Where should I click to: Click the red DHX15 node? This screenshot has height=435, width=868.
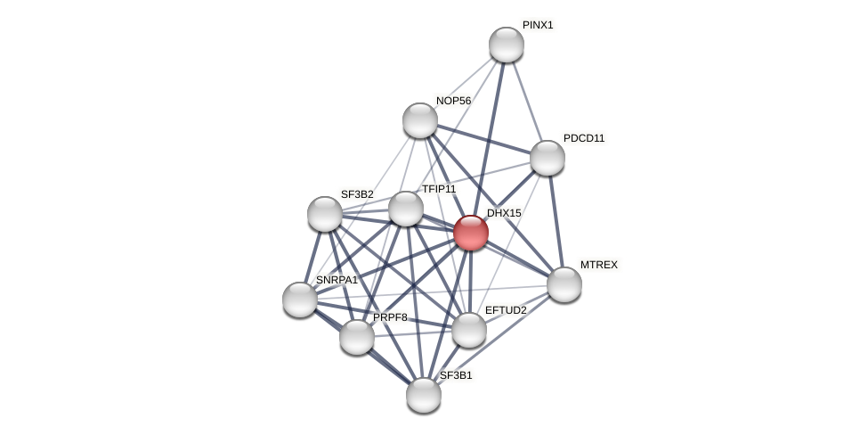point(471,233)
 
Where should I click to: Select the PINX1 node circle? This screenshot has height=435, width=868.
point(507,45)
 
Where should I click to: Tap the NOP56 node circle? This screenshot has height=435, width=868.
point(420,120)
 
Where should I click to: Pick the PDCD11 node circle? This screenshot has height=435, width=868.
point(548,158)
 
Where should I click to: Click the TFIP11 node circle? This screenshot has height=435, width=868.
point(406,209)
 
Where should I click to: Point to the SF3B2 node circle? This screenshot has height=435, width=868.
point(325,214)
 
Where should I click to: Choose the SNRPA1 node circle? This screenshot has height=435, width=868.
point(300,300)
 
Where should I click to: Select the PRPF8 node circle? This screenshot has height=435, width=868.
point(357,337)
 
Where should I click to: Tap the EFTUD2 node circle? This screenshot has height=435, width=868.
point(469,330)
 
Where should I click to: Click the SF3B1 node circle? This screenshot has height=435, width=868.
point(424,395)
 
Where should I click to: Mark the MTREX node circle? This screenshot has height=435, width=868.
point(564,284)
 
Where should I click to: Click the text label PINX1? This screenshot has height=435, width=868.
point(538,25)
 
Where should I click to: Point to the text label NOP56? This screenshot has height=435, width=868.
point(453,101)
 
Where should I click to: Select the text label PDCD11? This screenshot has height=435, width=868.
point(584,138)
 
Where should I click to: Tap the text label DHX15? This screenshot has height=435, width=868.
point(504,213)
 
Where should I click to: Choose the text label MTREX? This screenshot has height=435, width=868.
point(599,265)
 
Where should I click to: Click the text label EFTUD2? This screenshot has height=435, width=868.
point(506,310)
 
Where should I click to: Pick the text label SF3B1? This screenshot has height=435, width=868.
point(456,375)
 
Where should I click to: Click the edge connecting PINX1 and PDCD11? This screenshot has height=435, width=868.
point(527,102)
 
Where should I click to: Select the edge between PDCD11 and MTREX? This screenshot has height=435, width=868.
point(556,221)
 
